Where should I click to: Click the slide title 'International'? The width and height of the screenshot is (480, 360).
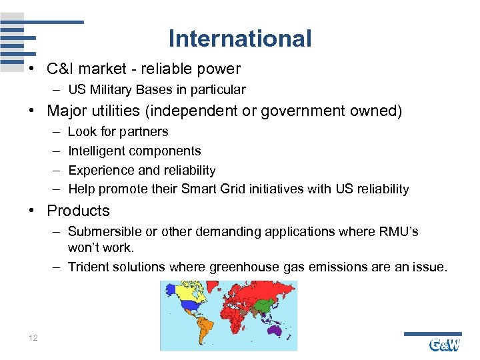point(240,39)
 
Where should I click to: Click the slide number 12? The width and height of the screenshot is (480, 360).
point(33,338)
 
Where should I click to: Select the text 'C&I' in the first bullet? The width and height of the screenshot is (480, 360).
point(61,68)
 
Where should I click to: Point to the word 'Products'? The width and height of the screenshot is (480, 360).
point(78,211)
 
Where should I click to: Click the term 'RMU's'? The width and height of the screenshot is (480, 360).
point(399,232)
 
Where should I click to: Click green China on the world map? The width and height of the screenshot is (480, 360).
point(264,304)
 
